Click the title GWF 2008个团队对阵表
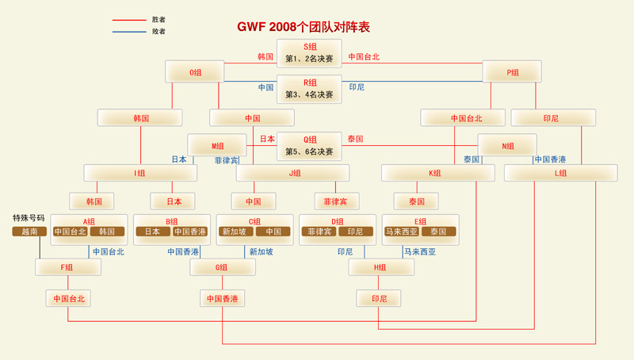point(304,27)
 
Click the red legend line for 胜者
point(129,20)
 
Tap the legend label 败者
point(158,32)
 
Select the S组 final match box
point(309,53)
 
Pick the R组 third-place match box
point(309,89)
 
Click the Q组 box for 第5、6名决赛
point(309,146)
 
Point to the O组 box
point(195,72)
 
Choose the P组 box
point(512,72)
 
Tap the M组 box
point(217,146)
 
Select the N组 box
point(507,146)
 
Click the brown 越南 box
point(29,232)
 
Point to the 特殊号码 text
point(29,218)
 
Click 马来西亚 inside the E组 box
point(402,232)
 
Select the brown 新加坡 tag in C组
point(235,232)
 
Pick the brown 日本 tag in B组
point(153,232)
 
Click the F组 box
point(68,267)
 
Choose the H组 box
point(381,267)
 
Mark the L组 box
point(560,173)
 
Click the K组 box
point(435,173)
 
